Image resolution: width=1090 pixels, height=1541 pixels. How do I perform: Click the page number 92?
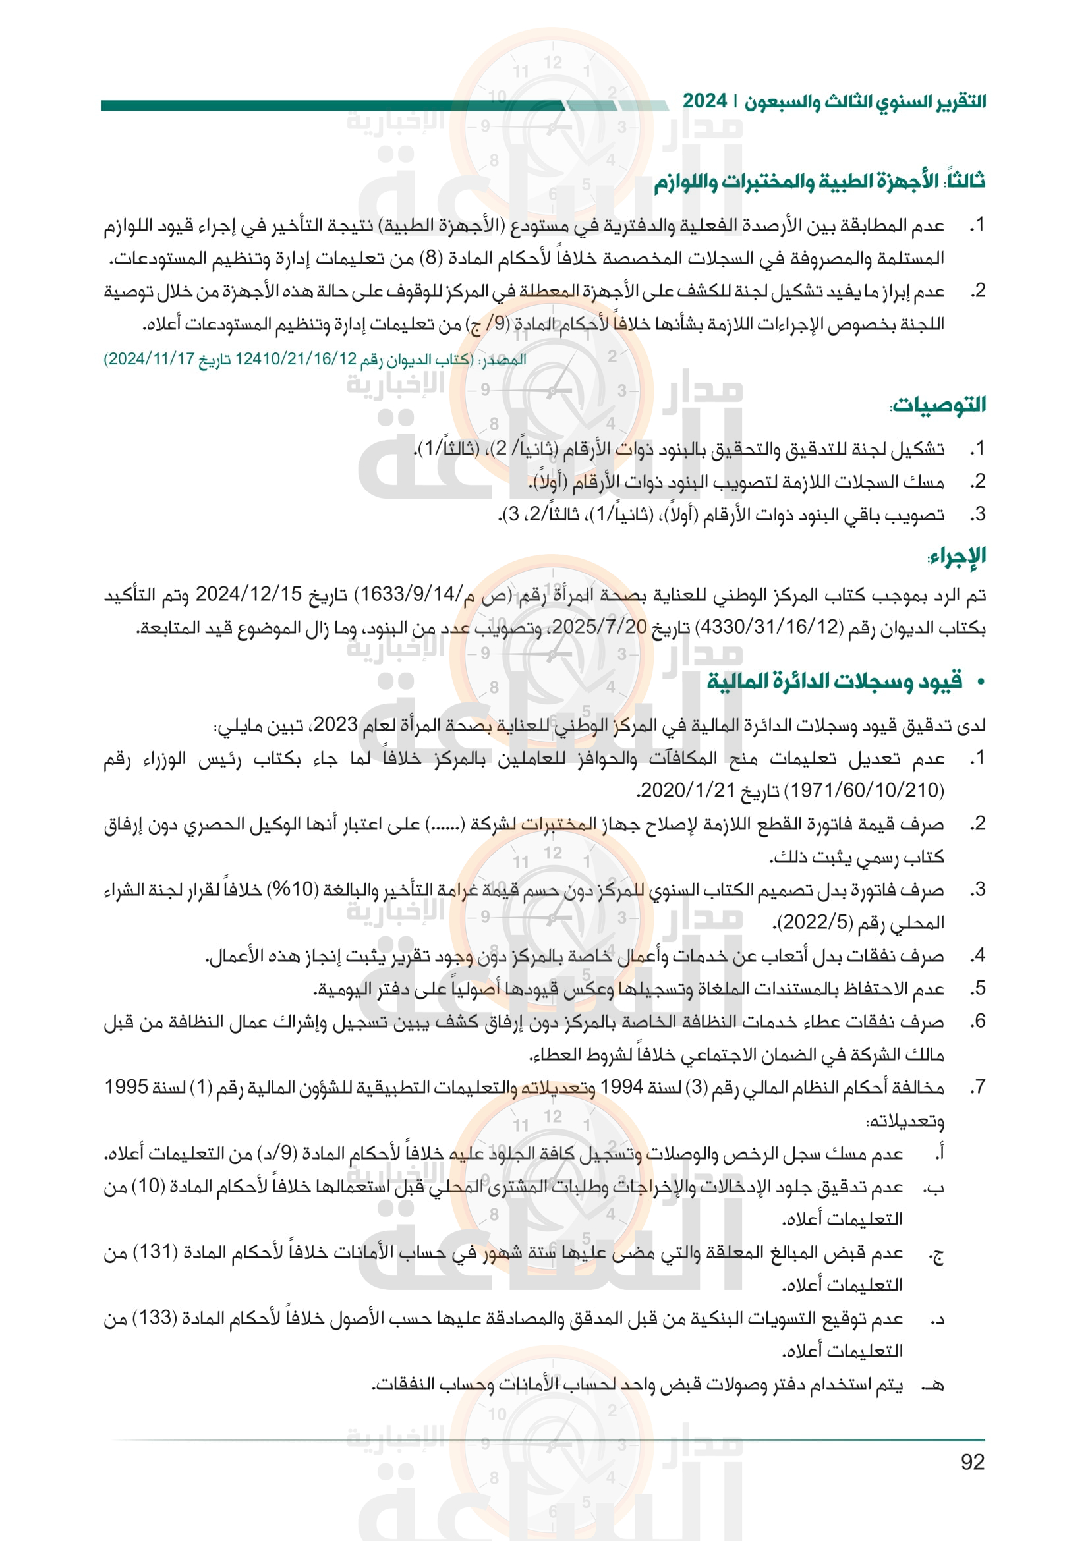tap(972, 1462)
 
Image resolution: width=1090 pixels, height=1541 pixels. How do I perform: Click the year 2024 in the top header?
tap(704, 102)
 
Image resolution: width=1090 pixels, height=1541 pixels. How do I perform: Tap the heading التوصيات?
tap(938, 405)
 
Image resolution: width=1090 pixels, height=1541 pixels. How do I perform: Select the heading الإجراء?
tap(956, 556)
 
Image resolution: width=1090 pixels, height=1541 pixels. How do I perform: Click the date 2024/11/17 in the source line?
tap(149, 359)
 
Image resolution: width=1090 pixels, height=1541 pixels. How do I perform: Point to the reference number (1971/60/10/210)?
tap(863, 790)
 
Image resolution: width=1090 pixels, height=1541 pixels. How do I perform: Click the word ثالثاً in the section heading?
tap(965, 181)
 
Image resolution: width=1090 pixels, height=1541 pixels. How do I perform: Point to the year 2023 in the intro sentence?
tap(335, 725)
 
